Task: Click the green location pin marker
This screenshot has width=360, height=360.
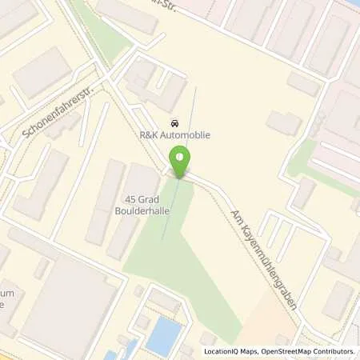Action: [182, 161]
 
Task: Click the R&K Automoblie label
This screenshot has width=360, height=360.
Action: [176, 135]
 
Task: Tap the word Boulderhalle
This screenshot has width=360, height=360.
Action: [141, 214]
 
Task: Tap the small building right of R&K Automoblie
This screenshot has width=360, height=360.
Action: [284, 122]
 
